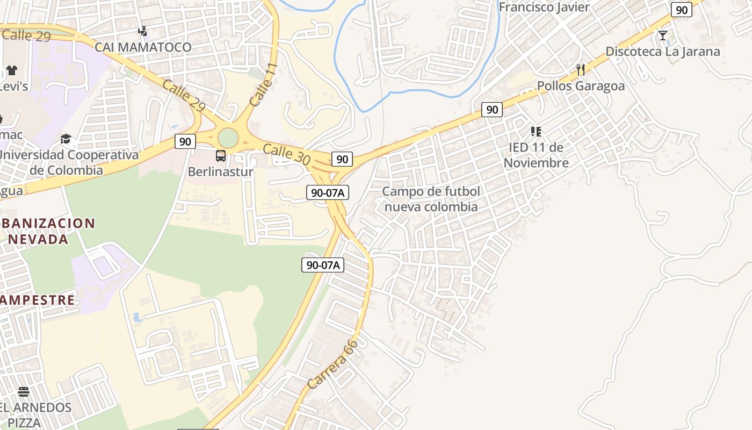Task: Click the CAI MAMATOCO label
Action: [x=143, y=47]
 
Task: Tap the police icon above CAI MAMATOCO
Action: [x=143, y=31]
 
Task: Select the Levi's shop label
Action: [x=14, y=86]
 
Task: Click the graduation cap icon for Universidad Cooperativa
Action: [x=66, y=139]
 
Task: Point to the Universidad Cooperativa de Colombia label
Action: [x=68, y=162]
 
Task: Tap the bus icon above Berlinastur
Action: [x=221, y=156]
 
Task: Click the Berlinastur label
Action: [x=220, y=172]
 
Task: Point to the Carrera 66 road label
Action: [x=333, y=364]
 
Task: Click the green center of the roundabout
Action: [x=228, y=138]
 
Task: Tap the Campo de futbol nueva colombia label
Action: [x=431, y=199]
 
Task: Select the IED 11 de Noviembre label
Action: [x=536, y=155]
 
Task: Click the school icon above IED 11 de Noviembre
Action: [x=536, y=132]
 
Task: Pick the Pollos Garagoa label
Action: [x=581, y=86]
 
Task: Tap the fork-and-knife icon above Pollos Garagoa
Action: [x=581, y=69]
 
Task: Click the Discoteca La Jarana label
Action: [x=663, y=52]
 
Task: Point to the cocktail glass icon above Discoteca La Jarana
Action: [x=663, y=35]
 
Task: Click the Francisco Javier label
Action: [x=544, y=8]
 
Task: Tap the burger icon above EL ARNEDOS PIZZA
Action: [x=24, y=391]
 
